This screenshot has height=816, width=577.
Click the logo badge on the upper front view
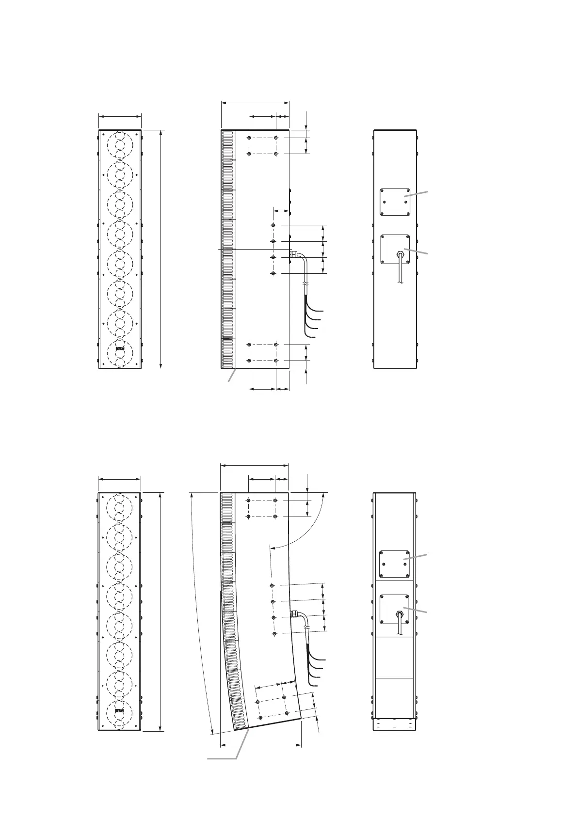(x=120, y=348)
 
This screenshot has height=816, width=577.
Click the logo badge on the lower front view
(x=120, y=711)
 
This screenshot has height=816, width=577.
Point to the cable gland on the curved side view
(x=294, y=614)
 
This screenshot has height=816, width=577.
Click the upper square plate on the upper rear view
(x=395, y=202)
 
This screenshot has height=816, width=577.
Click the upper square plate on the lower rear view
(x=394, y=564)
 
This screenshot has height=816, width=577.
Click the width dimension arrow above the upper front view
(x=120, y=116)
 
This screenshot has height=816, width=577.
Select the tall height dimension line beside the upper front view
(x=160, y=249)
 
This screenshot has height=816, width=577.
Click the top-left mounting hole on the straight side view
(x=249, y=138)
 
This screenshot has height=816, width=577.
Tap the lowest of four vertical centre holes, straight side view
(x=273, y=274)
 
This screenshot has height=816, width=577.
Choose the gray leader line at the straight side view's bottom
(x=233, y=376)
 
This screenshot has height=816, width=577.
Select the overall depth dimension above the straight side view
(x=255, y=102)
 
